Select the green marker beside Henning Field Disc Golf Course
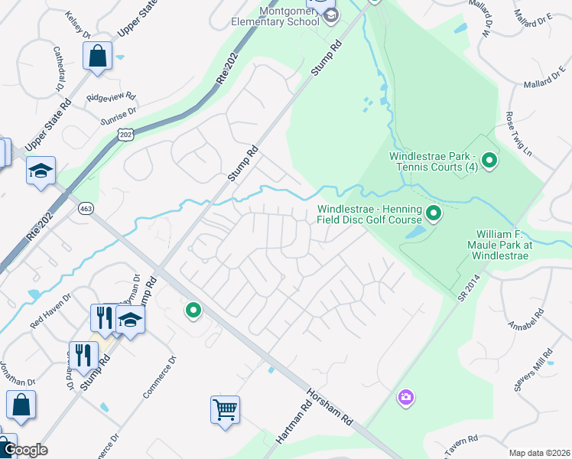[x=434, y=213]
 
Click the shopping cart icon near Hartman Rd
[x=226, y=409]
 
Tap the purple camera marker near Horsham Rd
[x=405, y=397]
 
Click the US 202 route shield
[x=125, y=135]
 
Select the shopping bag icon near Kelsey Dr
[x=98, y=56]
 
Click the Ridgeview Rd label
[x=111, y=98]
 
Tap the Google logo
[x=24, y=450]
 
